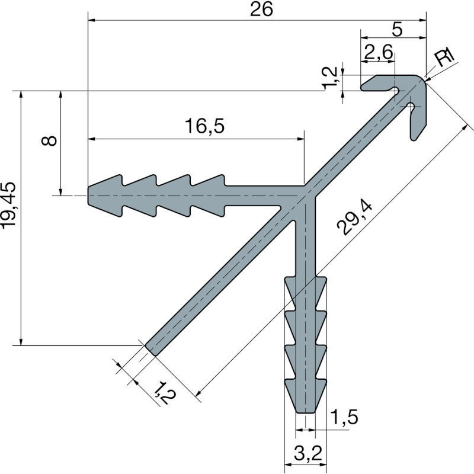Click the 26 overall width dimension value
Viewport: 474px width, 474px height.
(x=261, y=9)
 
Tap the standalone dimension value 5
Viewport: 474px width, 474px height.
(x=397, y=30)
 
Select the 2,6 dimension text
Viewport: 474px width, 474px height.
(x=379, y=52)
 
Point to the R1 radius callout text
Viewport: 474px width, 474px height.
(x=444, y=57)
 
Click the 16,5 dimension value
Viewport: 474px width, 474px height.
(x=204, y=126)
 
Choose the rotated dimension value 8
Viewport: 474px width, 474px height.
(x=49, y=140)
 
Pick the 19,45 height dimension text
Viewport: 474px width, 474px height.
(x=8, y=205)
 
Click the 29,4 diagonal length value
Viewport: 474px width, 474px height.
(x=354, y=219)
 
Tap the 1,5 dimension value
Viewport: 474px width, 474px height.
(x=344, y=417)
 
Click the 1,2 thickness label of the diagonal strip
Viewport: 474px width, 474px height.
(x=165, y=392)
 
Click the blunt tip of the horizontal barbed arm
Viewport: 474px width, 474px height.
(x=88, y=196)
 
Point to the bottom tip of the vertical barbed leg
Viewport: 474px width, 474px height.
(x=306, y=412)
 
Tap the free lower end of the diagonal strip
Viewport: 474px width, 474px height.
(x=150, y=350)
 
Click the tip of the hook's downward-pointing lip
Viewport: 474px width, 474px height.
(x=413, y=139)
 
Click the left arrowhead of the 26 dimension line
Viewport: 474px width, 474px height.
(x=91, y=20)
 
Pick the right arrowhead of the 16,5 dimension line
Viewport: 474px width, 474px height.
(x=300, y=139)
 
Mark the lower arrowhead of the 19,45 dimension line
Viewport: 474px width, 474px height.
(x=21, y=342)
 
